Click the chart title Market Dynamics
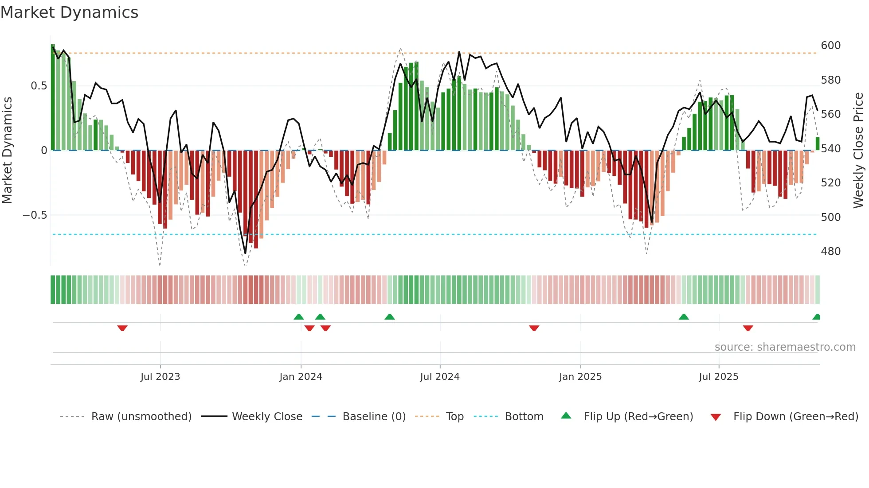pos(70,12)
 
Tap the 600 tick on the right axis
pos(830,46)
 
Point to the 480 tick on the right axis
pos(830,252)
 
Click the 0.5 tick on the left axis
pos(39,86)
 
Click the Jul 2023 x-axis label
pos(160,377)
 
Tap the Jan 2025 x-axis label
pos(580,377)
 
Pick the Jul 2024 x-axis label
pos(439,377)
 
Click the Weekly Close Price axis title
pos(858,151)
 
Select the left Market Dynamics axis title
pos(7,151)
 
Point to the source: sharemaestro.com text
pos(785,347)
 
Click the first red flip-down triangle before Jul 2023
pos(122,328)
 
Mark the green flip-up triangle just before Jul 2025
pos(684,317)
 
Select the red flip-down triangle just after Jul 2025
pos(748,328)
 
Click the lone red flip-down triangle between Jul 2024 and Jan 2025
pos(534,328)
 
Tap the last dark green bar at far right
pos(818,144)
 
